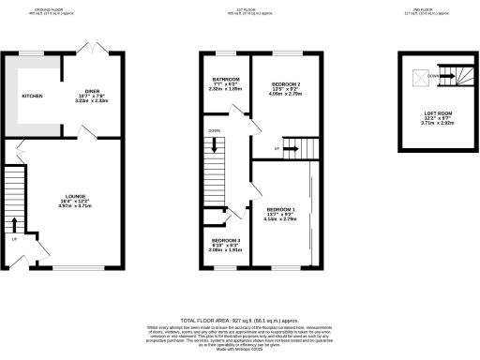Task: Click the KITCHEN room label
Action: click(33, 96)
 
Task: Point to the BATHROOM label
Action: click(225, 79)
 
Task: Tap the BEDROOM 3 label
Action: click(225, 241)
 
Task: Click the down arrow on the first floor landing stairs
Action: click(217, 145)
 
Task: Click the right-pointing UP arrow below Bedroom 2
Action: click(289, 147)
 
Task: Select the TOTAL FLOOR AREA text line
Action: click(240, 320)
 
